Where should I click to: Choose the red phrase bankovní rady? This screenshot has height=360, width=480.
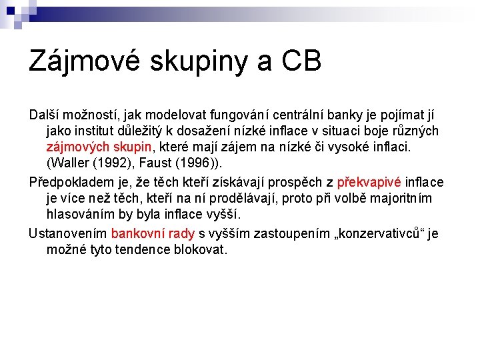[x=153, y=233]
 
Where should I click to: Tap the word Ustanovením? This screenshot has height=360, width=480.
[x=67, y=233]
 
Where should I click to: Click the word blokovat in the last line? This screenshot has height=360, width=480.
[x=203, y=250]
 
